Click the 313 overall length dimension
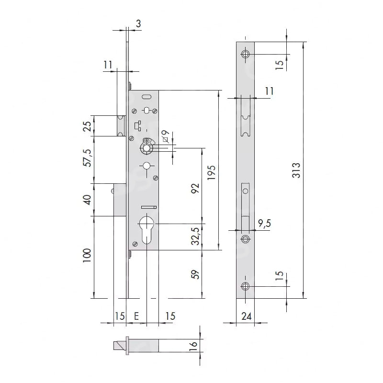click(x=296, y=170)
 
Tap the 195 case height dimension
click(x=212, y=172)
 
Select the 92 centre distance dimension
click(x=195, y=188)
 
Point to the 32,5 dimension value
click(x=195, y=236)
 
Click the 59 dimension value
click(x=195, y=274)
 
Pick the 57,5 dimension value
click(x=87, y=158)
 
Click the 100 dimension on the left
click(x=87, y=256)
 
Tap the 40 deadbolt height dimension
click(x=87, y=200)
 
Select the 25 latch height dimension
click(x=87, y=126)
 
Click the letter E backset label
click(x=136, y=316)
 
